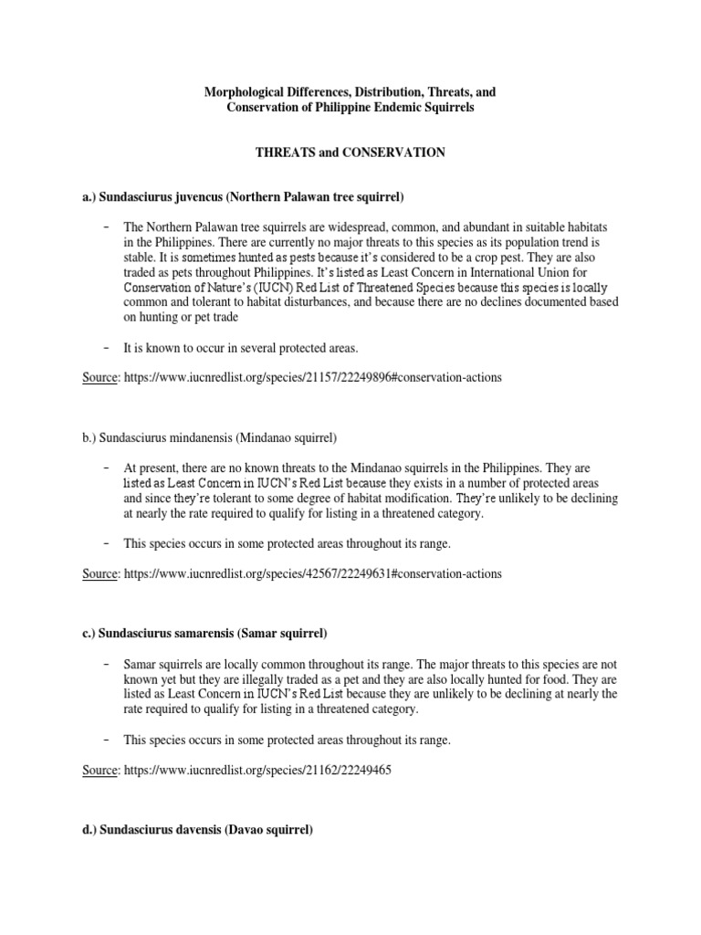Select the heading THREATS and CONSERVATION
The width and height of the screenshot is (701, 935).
click(x=350, y=153)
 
